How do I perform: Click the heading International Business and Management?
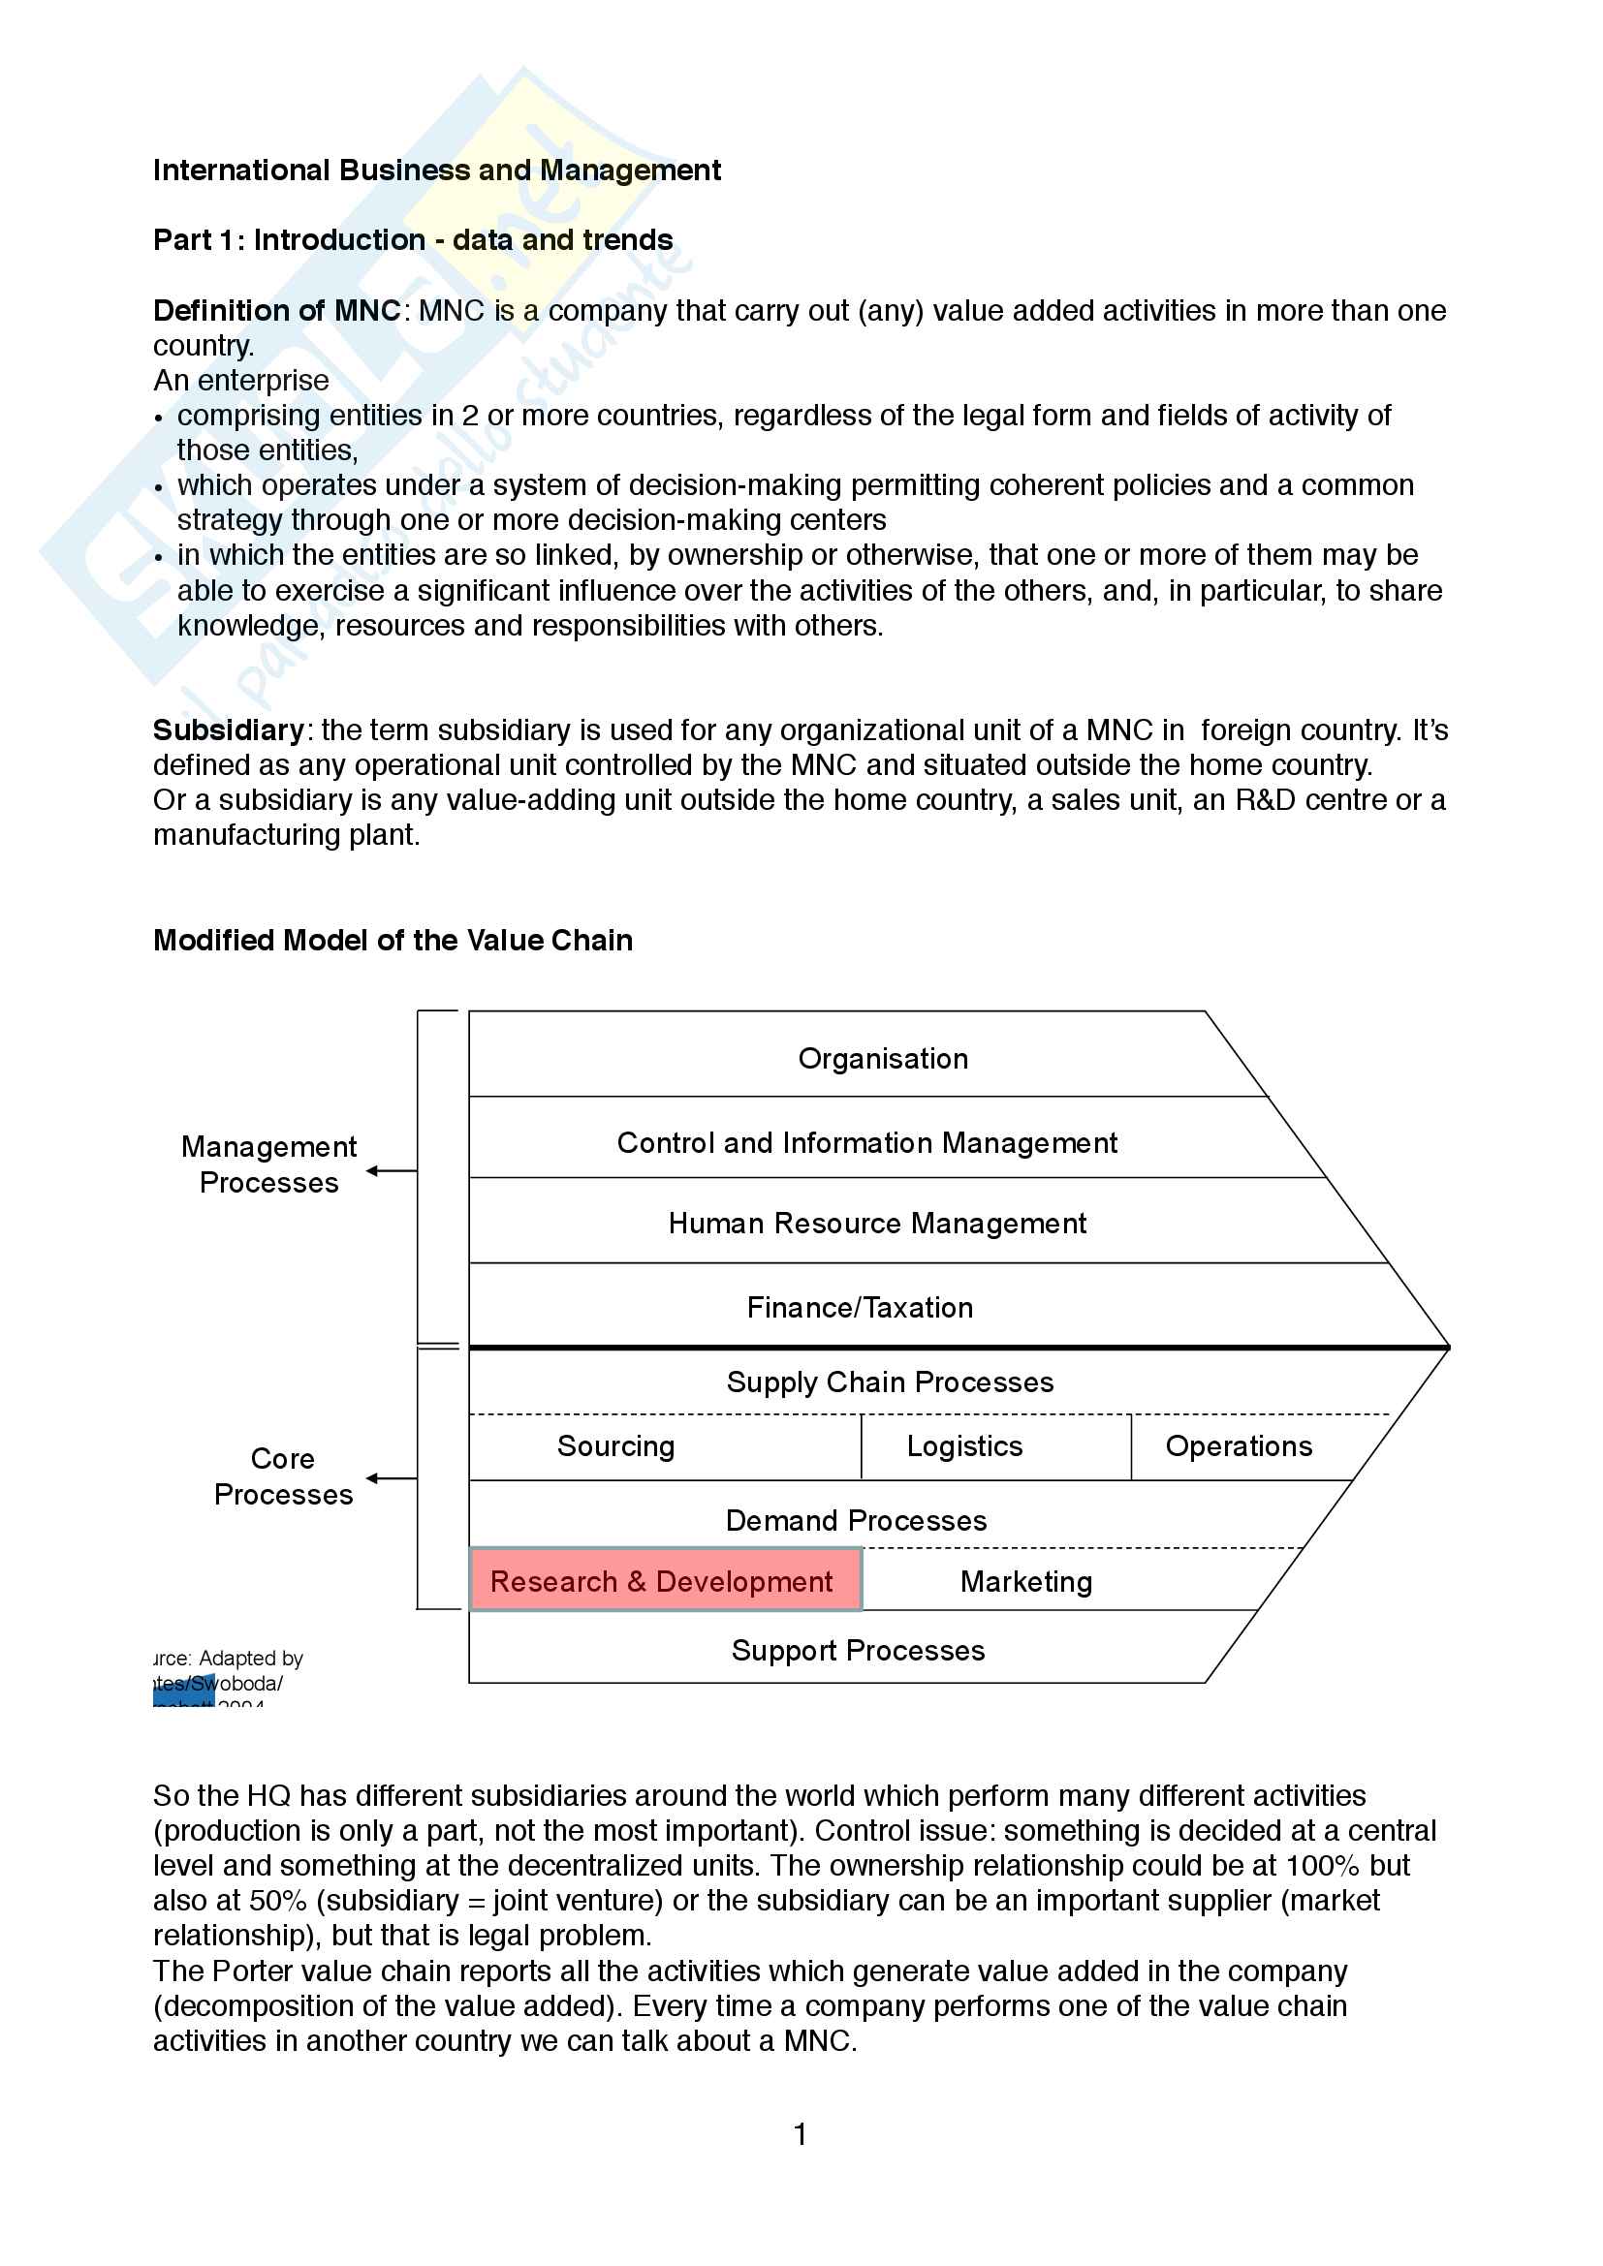coord(436,171)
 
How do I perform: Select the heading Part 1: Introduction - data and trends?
coord(413,240)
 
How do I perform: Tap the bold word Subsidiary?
coord(228,730)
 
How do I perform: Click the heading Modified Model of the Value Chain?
coord(393,941)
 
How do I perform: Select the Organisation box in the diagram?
coord(883,1059)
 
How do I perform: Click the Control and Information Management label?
coord(866,1143)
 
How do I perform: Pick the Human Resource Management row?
coord(876,1224)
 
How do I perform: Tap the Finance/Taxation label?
coord(860,1308)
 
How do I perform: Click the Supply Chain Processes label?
coord(890,1382)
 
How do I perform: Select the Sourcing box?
coord(616,1446)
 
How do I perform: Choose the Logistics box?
coord(964,1446)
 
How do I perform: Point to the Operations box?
coord(1239,1446)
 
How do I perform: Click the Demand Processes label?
coord(856,1521)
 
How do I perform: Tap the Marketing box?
coord(1026,1582)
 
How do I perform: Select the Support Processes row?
coord(858,1650)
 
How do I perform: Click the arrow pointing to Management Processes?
coord(391,1171)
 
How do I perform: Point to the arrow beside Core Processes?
coord(391,1478)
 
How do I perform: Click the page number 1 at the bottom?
coord(801,2135)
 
